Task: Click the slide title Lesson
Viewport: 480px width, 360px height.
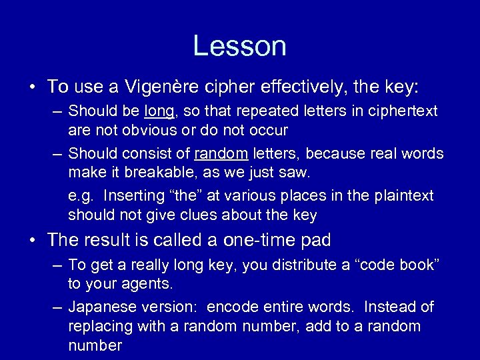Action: pos(239,46)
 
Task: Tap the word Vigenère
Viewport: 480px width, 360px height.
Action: pos(141,87)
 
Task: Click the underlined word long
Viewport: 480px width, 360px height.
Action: pos(159,111)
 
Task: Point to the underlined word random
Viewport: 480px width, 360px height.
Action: pos(221,153)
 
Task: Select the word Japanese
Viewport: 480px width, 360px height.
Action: pos(99,307)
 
